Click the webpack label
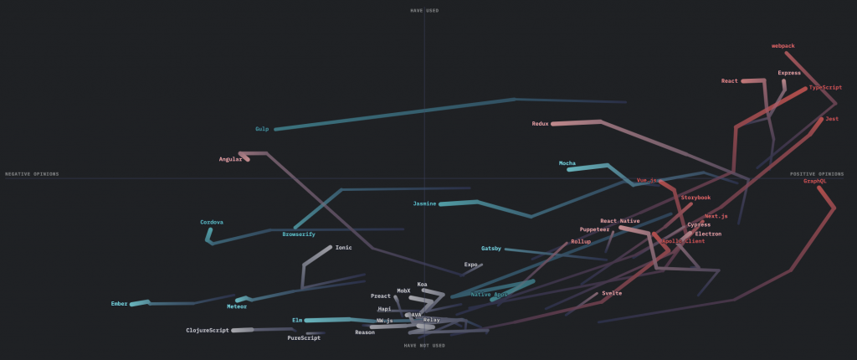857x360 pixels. pyautogui.click(x=783, y=46)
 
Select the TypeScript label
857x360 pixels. pyautogui.click(x=825, y=87)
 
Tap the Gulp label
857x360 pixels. pyautogui.click(x=262, y=129)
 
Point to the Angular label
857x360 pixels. pyautogui.click(x=230, y=159)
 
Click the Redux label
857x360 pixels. pyautogui.click(x=540, y=124)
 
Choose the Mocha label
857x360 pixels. pyautogui.click(x=567, y=163)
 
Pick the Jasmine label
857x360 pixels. pyautogui.click(x=425, y=203)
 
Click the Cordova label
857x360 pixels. pyautogui.click(x=212, y=222)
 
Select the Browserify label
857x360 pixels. pyautogui.click(x=299, y=234)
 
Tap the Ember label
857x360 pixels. pyautogui.click(x=119, y=303)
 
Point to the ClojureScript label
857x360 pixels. pyautogui.click(x=208, y=330)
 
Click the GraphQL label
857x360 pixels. pyautogui.click(x=815, y=181)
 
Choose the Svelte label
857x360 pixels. pyautogui.click(x=612, y=293)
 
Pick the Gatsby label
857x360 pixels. pyautogui.click(x=491, y=248)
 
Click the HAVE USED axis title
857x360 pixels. pyautogui.click(x=424, y=10)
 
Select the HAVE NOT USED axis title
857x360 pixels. pyautogui.click(x=424, y=345)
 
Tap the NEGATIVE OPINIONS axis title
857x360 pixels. pyautogui.click(x=33, y=174)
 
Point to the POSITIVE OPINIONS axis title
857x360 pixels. pyautogui.click(x=817, y=174)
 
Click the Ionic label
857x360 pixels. pyautogui.click(x=344, y=247)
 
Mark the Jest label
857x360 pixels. pyautogui.click(x=832, y=119)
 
